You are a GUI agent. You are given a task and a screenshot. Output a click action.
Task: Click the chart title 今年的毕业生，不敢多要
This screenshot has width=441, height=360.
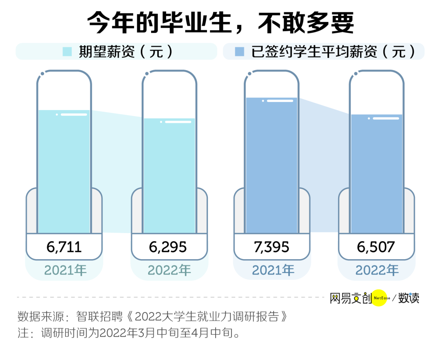[220, 23]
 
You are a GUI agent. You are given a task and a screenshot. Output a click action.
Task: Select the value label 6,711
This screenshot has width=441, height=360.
[64, 247]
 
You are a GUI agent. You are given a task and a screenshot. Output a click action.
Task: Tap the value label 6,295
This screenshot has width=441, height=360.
[169, 247]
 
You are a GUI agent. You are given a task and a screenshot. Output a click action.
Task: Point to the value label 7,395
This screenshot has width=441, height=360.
[271, 247]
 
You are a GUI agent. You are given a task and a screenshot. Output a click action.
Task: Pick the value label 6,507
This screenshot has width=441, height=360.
[376, 247]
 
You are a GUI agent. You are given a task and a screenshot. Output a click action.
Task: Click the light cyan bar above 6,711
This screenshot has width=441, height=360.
[64, 171]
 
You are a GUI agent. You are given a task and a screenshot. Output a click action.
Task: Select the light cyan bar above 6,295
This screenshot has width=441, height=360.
[169, 176]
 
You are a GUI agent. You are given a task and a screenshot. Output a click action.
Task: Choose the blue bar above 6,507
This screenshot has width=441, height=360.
[376, 173]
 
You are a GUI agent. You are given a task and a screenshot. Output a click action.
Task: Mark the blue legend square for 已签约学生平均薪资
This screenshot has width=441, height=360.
[240, 51]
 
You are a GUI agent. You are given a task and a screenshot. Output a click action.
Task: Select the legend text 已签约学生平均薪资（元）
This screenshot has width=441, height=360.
[333, 52]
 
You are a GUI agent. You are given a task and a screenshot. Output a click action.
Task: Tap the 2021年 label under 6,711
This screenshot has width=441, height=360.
[64, 270]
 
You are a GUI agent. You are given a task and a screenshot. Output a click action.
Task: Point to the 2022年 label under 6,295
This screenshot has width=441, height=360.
[169, 270]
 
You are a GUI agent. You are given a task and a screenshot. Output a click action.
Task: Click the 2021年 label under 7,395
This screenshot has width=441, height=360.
[273, 270]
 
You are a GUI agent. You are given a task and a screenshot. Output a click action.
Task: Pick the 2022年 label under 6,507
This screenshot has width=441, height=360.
[377, 270]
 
